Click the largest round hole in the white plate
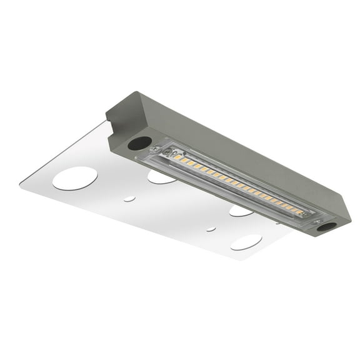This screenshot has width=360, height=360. tap(74, 178)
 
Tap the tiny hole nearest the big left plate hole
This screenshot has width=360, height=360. tap(129, 199)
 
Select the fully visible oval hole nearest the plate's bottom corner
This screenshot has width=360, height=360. tap(246, 242)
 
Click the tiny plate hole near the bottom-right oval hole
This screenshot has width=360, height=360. tap(211, 229)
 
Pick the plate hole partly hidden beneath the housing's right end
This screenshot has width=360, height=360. tap(241, 211)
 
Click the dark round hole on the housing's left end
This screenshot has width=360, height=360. tap(139, 143)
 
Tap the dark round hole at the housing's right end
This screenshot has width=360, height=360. tap(326, 226)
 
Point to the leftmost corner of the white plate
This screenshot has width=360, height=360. tap(20, 183)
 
